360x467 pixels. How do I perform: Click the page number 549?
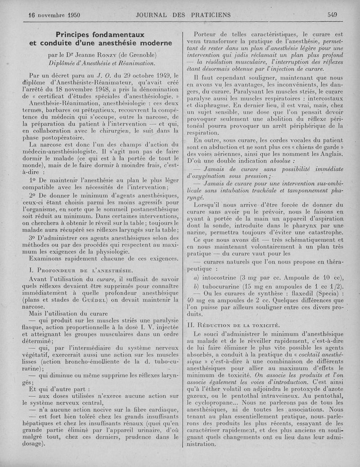(x=333, y=14)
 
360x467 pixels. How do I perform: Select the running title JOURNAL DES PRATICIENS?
(x=183, y=14)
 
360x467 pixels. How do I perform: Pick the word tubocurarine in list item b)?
(x=227, y=287)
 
